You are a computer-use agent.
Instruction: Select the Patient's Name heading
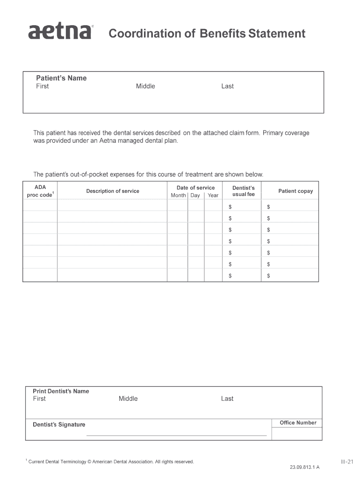pyautogui.click(x=61, y=78)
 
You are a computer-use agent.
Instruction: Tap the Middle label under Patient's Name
pyautogui.click(x=145, y=86)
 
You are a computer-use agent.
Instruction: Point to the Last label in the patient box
pyautogui.click(x=227, y=86)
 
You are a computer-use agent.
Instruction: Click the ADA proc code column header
pyautogui.click(x=40, y=191)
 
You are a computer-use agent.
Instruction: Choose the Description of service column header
pyautogui.click(x=112, y=191)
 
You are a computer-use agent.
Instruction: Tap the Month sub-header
pyautogui.click(x=178, y=196)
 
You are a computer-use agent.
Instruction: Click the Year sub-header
pyautogui.click(x=213, y=196)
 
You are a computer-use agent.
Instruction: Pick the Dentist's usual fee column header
pyautogui.click(x=243, y=191)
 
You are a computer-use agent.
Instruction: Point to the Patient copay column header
pyautogui.click(x=295, y=191)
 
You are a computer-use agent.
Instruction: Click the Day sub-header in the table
pyautogui.click(x=195, y=196)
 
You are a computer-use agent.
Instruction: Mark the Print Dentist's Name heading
pyautogui.click(x=61, y=391)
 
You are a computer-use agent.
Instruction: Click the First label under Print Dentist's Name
pyautogui.click(x=39, y=399)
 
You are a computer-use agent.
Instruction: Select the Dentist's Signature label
pyautogui.click(x=59, y=425)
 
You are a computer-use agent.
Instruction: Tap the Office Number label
pyautogui.click(x=298, y=423)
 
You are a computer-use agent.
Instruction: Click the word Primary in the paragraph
pyautogui.click(x=273, y=133)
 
